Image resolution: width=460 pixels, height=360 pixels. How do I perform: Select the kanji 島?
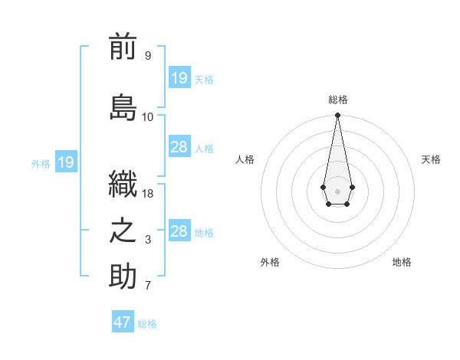click(x=123, y=106)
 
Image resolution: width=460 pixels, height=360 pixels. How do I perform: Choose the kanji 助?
click(x=123, y=276)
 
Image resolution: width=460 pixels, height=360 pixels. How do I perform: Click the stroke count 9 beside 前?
click(x=147, y=56)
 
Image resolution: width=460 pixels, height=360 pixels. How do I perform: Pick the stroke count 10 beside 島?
click(x=147, y=117)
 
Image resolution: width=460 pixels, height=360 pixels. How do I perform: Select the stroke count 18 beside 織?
click(x=148, y=194)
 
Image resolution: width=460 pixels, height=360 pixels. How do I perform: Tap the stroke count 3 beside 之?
click(x=147, y=241)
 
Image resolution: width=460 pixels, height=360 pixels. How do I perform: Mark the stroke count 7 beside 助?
click(x=147, y=286)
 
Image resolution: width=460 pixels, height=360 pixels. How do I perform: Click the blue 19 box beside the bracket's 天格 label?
click(x=179, y=78)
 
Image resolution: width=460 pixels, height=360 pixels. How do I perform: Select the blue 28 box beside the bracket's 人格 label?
click(x=179, y=147)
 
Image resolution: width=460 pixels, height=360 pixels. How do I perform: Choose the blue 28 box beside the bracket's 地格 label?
click(x=179, y=231)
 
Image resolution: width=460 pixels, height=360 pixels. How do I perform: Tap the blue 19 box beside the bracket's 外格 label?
click(x=65, y=162)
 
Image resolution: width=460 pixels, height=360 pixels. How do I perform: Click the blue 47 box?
click(x=123, y=322)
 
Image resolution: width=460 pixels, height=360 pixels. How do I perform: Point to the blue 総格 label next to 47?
click(x=147, y=324)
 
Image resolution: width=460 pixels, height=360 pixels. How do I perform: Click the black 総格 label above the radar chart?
click(x=337, y=100)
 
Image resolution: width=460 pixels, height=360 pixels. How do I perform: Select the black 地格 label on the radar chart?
click(x=402, y=262)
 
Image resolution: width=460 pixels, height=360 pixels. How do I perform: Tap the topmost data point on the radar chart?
click(x=337, y=116)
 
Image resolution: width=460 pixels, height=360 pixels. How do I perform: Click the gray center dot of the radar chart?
click(x=337, y=190)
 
